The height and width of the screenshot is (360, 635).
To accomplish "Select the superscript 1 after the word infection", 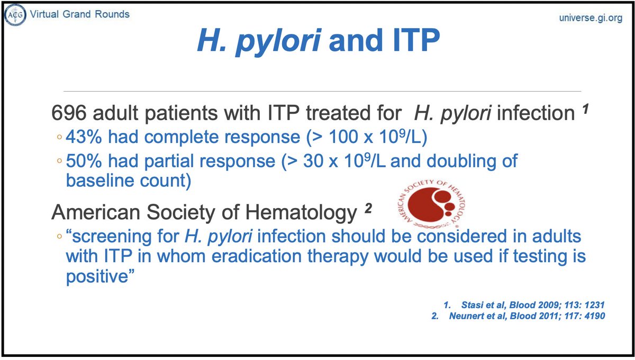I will click(x=585, y=111).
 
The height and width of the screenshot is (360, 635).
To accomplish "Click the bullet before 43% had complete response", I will click(x=59, y=138).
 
